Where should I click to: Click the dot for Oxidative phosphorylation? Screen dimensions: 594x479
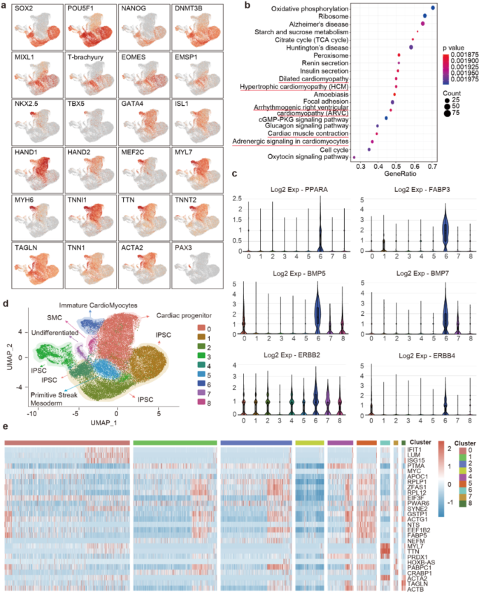(434, 8)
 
